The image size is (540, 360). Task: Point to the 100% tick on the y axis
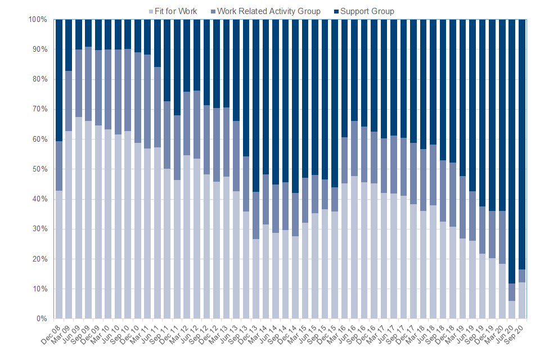(x=38, y=20)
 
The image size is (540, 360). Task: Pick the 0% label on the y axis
(x=42, y=319)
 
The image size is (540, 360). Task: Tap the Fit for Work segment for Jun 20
(x=512, y=309)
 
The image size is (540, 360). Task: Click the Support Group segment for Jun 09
(x=79, y=34)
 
